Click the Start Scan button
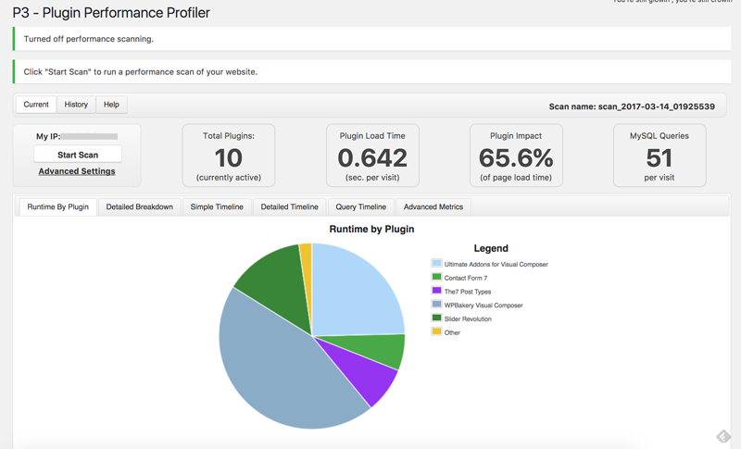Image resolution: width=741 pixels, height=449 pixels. (x=78, y=155)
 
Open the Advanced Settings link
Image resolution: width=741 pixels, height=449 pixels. (x=77, y=171)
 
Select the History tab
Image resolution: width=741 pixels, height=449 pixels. (x=76, y=105)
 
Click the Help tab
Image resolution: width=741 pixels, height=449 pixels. (x=111, y=105)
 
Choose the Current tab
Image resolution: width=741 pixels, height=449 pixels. (x=36, y=105)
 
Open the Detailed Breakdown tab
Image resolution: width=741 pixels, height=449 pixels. (x=139, y=206)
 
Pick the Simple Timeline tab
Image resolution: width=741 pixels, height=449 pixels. (x=217, y=206)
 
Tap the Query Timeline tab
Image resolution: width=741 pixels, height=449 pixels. (x=360, y=206)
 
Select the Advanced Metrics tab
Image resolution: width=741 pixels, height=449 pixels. (x=433, y=206)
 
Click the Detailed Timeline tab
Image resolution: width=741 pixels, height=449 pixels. (x=289, y=206)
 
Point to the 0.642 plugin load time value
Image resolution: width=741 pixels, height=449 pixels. (x=372, y=158)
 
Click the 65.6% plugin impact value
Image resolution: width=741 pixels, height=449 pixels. (x=516, y=158)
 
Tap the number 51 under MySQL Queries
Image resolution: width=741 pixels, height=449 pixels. (x=659, y=158)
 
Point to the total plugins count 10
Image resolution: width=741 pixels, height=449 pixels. (x=229, y=158)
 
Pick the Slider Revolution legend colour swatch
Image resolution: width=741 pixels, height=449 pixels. (x=437, y=318)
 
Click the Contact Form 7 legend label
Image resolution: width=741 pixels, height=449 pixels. (x=465, y=278)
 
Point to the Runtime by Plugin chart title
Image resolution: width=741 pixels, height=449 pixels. (x=371, y=229)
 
